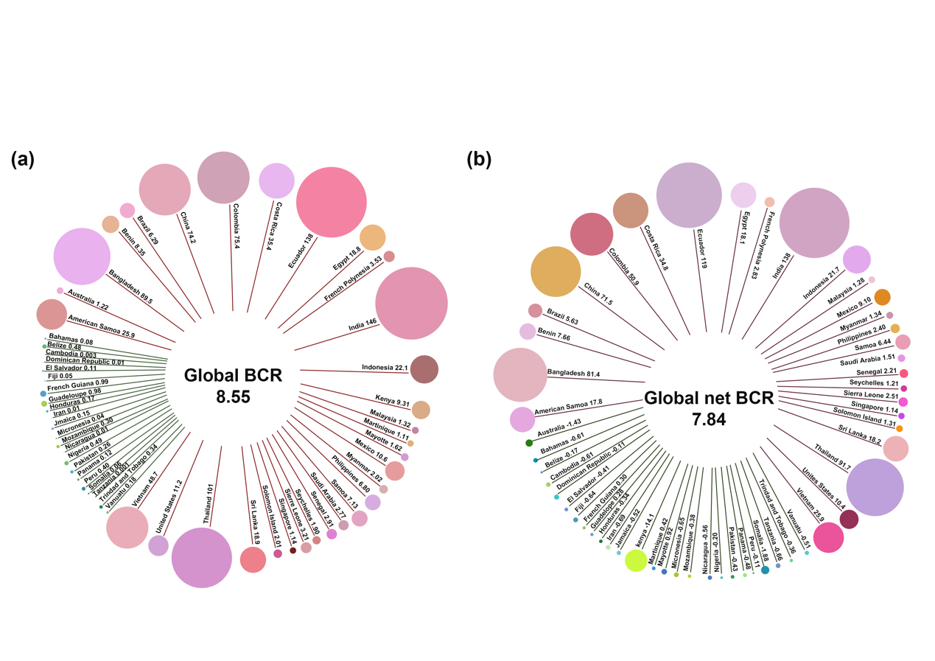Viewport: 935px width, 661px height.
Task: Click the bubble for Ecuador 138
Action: [331, 203]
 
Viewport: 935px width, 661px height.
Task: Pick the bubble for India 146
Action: [411, 304]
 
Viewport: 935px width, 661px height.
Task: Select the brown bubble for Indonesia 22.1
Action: [424, 369]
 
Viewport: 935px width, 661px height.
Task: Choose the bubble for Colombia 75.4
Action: [225, 177]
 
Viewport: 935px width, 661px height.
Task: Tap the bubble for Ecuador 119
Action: [690, 195]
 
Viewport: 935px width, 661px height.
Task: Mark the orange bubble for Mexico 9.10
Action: [882, 297]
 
